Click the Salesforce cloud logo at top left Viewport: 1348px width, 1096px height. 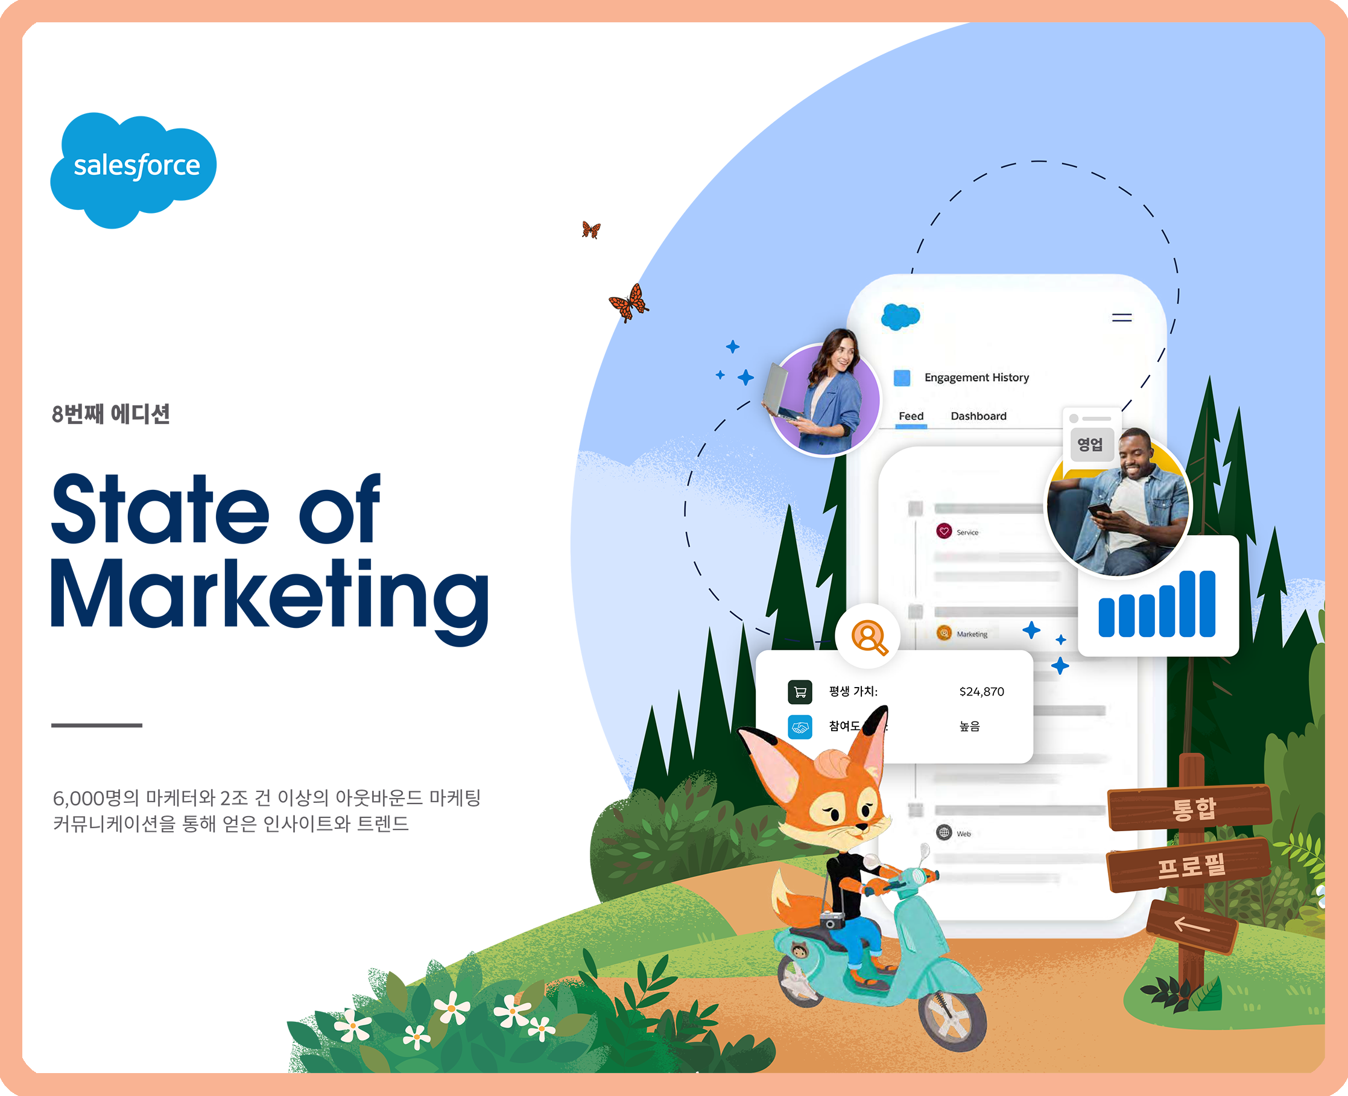(134, 170)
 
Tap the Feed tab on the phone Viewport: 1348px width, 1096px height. (911, 416)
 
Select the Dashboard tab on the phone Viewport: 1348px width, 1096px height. (979, 416)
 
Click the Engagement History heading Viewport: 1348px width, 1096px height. (976, 378)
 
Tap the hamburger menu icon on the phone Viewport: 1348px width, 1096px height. (1122, 317)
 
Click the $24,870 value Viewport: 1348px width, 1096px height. (982, 692)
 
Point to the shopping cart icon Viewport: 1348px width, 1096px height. (800, 692)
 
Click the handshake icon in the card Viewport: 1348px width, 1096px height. (800, 727)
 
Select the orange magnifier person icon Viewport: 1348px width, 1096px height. (869, 637)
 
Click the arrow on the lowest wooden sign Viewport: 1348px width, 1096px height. (1191, 925)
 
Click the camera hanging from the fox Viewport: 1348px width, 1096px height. (832, 920)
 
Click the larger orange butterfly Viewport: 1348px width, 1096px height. (629, 302)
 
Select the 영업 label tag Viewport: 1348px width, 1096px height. (1090, 445)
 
